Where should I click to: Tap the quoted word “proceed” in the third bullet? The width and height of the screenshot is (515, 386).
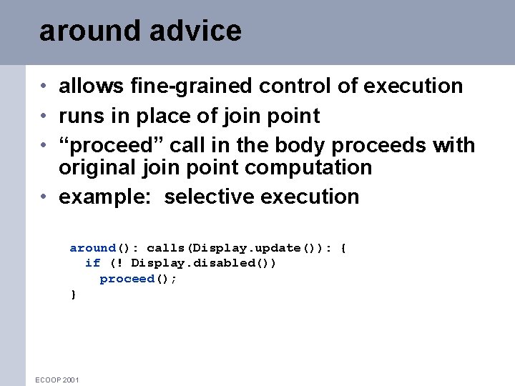108,146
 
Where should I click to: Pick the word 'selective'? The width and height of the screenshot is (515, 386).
209,197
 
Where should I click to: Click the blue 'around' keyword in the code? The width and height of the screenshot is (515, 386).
92,248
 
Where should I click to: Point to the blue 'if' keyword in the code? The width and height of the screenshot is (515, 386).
92,263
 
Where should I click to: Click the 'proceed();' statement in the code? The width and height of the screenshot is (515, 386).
137,279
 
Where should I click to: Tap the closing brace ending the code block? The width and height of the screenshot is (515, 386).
72,295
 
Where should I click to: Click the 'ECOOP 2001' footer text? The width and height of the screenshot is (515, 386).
57,380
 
